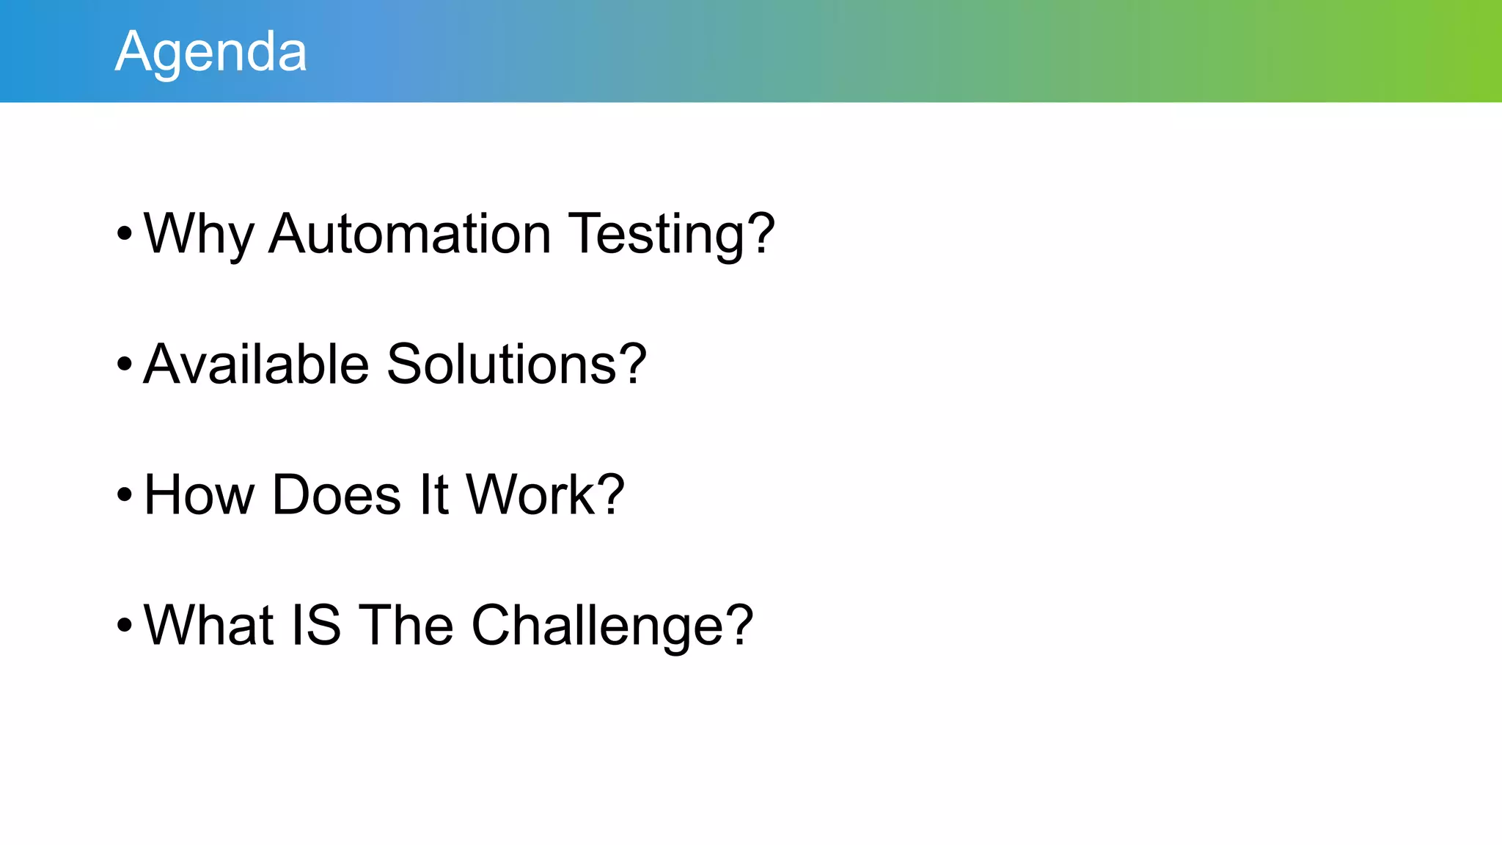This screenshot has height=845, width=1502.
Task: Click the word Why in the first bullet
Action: click(x=198, y=234)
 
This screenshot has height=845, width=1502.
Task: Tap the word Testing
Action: click(x=645, y=234)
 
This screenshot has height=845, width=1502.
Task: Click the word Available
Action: click(x=256, y=364)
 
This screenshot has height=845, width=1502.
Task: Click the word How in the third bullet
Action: click(x=199, y=494)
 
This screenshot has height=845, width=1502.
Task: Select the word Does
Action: click(x=337, y=494)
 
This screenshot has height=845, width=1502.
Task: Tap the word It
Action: click(x=433, y=494)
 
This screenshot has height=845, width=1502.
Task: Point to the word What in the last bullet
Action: click(x=208, y=625)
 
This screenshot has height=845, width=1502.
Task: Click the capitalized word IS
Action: click(x=316, y=625)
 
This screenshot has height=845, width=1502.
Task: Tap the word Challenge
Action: click(x=598, y=625)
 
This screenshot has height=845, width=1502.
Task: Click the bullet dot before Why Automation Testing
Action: click(x=124, y=234)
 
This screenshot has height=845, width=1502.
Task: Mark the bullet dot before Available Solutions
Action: click(x=124, y=364)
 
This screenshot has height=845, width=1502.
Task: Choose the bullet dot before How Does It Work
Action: click(x=124, y=494)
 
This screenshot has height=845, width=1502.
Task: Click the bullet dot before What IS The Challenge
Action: click(x=124, y=625)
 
